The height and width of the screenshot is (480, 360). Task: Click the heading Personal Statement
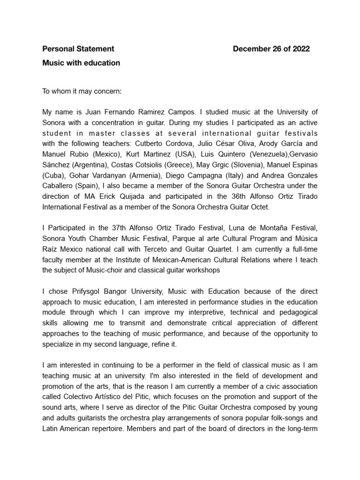(78, 49)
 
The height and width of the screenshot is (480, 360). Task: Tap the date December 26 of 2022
(271, 49)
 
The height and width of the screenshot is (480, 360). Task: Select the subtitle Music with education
(81, 63)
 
